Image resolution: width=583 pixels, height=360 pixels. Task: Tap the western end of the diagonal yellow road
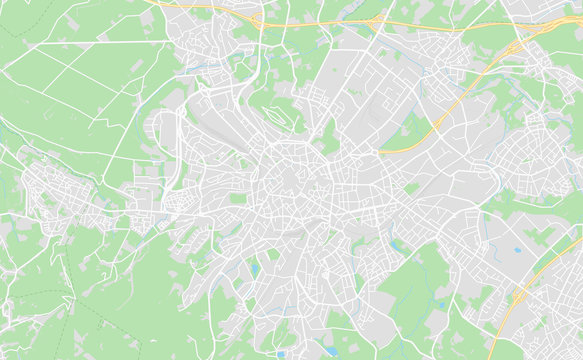click(381, 151)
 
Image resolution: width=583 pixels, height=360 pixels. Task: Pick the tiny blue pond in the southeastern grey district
click(516, 250)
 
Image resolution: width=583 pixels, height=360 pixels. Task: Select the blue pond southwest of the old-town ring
click(256, 268)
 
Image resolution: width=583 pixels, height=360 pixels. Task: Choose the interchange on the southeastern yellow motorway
click(519, 296)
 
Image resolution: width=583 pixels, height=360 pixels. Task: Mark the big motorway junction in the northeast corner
click(515, 50)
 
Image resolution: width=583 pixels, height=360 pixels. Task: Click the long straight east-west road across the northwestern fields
click(80, 45)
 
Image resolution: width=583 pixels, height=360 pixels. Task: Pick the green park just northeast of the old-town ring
click(330, 140)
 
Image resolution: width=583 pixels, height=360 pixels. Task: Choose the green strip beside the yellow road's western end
click(405, 135)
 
